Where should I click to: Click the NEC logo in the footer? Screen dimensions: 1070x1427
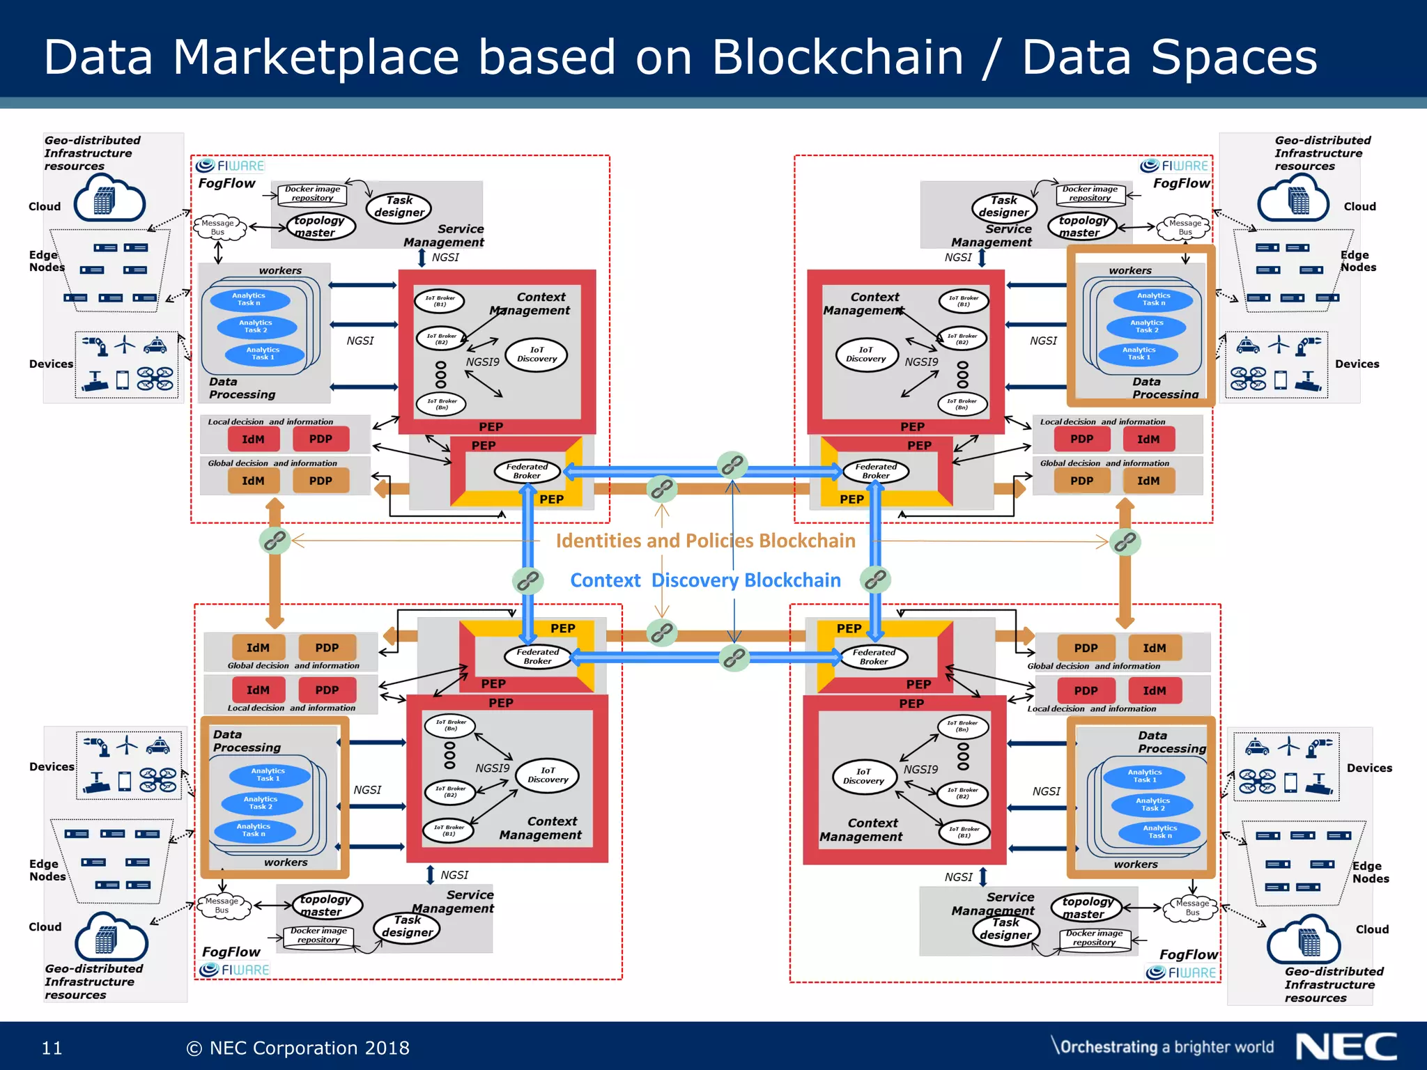[x=1345, y=1047]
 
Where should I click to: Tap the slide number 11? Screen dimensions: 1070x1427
[x=52, y=1048]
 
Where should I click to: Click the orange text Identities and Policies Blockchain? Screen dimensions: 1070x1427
[x=705, y=541]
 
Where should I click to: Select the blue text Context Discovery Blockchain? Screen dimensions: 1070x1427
[x=705, y=580]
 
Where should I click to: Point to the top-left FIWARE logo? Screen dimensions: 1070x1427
[x=230, y=166]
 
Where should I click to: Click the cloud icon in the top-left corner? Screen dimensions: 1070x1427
[x=110, y=199]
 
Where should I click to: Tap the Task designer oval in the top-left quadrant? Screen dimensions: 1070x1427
[x=399, y=207]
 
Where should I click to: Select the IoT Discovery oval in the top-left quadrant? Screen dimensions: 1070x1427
[x=537, y=355]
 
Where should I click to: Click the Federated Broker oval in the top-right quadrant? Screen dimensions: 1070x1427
[x=876, y=472]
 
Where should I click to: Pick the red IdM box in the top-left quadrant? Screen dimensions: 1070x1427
[x=253, y=440]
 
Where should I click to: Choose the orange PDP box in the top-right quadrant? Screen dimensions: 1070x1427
[x=1081, y=481]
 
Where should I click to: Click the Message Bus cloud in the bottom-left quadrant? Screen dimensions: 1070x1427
[x=222, y=906]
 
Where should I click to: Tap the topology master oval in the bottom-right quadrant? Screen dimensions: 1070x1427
[x=1086, y=908]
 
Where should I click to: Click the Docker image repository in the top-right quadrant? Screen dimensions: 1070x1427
[x=1090, y=194]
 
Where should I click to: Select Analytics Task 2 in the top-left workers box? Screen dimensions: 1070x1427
[x=256, y=327]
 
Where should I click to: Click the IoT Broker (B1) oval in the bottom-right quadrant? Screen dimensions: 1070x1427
[x=964, y=832]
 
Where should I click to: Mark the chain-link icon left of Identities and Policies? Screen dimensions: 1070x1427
[x=275, y=541]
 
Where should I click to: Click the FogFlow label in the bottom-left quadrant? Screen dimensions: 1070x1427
[x=231, y=952]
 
